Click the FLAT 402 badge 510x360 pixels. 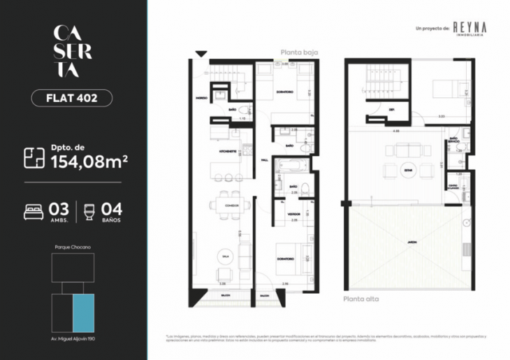click(73, 98)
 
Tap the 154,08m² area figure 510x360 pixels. click(89, 162)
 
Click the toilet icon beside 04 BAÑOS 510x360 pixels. click(88, 212)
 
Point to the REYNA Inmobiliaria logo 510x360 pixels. click(469, 28)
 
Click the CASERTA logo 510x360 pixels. click(72, 51)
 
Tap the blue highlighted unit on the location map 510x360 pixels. click(84, 313)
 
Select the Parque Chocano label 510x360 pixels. click(73, 247)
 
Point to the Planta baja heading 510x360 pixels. click(298, 52)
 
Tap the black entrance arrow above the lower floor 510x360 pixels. click(201, 54)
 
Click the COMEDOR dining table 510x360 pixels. click(228, 203)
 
